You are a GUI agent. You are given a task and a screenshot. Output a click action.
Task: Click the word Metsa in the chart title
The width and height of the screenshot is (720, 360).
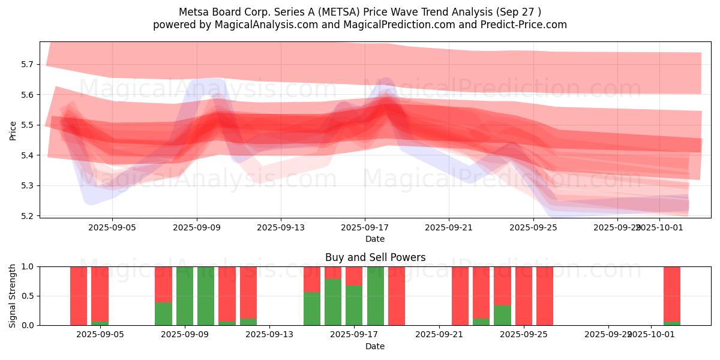pos(192,12)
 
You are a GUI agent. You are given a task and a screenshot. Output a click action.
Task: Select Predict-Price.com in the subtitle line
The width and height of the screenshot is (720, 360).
pos(527,25)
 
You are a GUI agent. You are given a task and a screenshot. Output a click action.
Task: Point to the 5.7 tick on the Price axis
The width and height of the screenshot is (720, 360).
pos(34,64)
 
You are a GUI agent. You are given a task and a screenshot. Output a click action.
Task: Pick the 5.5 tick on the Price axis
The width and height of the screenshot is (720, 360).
pos(34,125)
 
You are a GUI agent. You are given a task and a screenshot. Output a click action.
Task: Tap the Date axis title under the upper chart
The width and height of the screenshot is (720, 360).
pos(375,239)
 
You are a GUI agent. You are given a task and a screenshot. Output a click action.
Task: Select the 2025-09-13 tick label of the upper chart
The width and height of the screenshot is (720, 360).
pos(280,227)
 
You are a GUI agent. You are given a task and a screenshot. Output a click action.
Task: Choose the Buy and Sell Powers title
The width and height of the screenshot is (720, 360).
pos(375,257)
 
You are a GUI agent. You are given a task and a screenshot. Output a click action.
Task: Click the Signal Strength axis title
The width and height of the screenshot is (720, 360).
pos(13,295)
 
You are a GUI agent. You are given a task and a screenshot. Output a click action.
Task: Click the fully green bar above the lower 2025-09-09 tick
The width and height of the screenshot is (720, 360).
pos(185,296)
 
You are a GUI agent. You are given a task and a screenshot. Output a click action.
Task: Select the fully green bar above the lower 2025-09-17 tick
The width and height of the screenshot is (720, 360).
pos(376,296)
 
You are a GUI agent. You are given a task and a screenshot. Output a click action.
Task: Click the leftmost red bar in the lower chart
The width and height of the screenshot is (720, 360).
pos(79,296)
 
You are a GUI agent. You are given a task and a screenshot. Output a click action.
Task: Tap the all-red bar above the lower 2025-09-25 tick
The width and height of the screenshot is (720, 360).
pos(524,296)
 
